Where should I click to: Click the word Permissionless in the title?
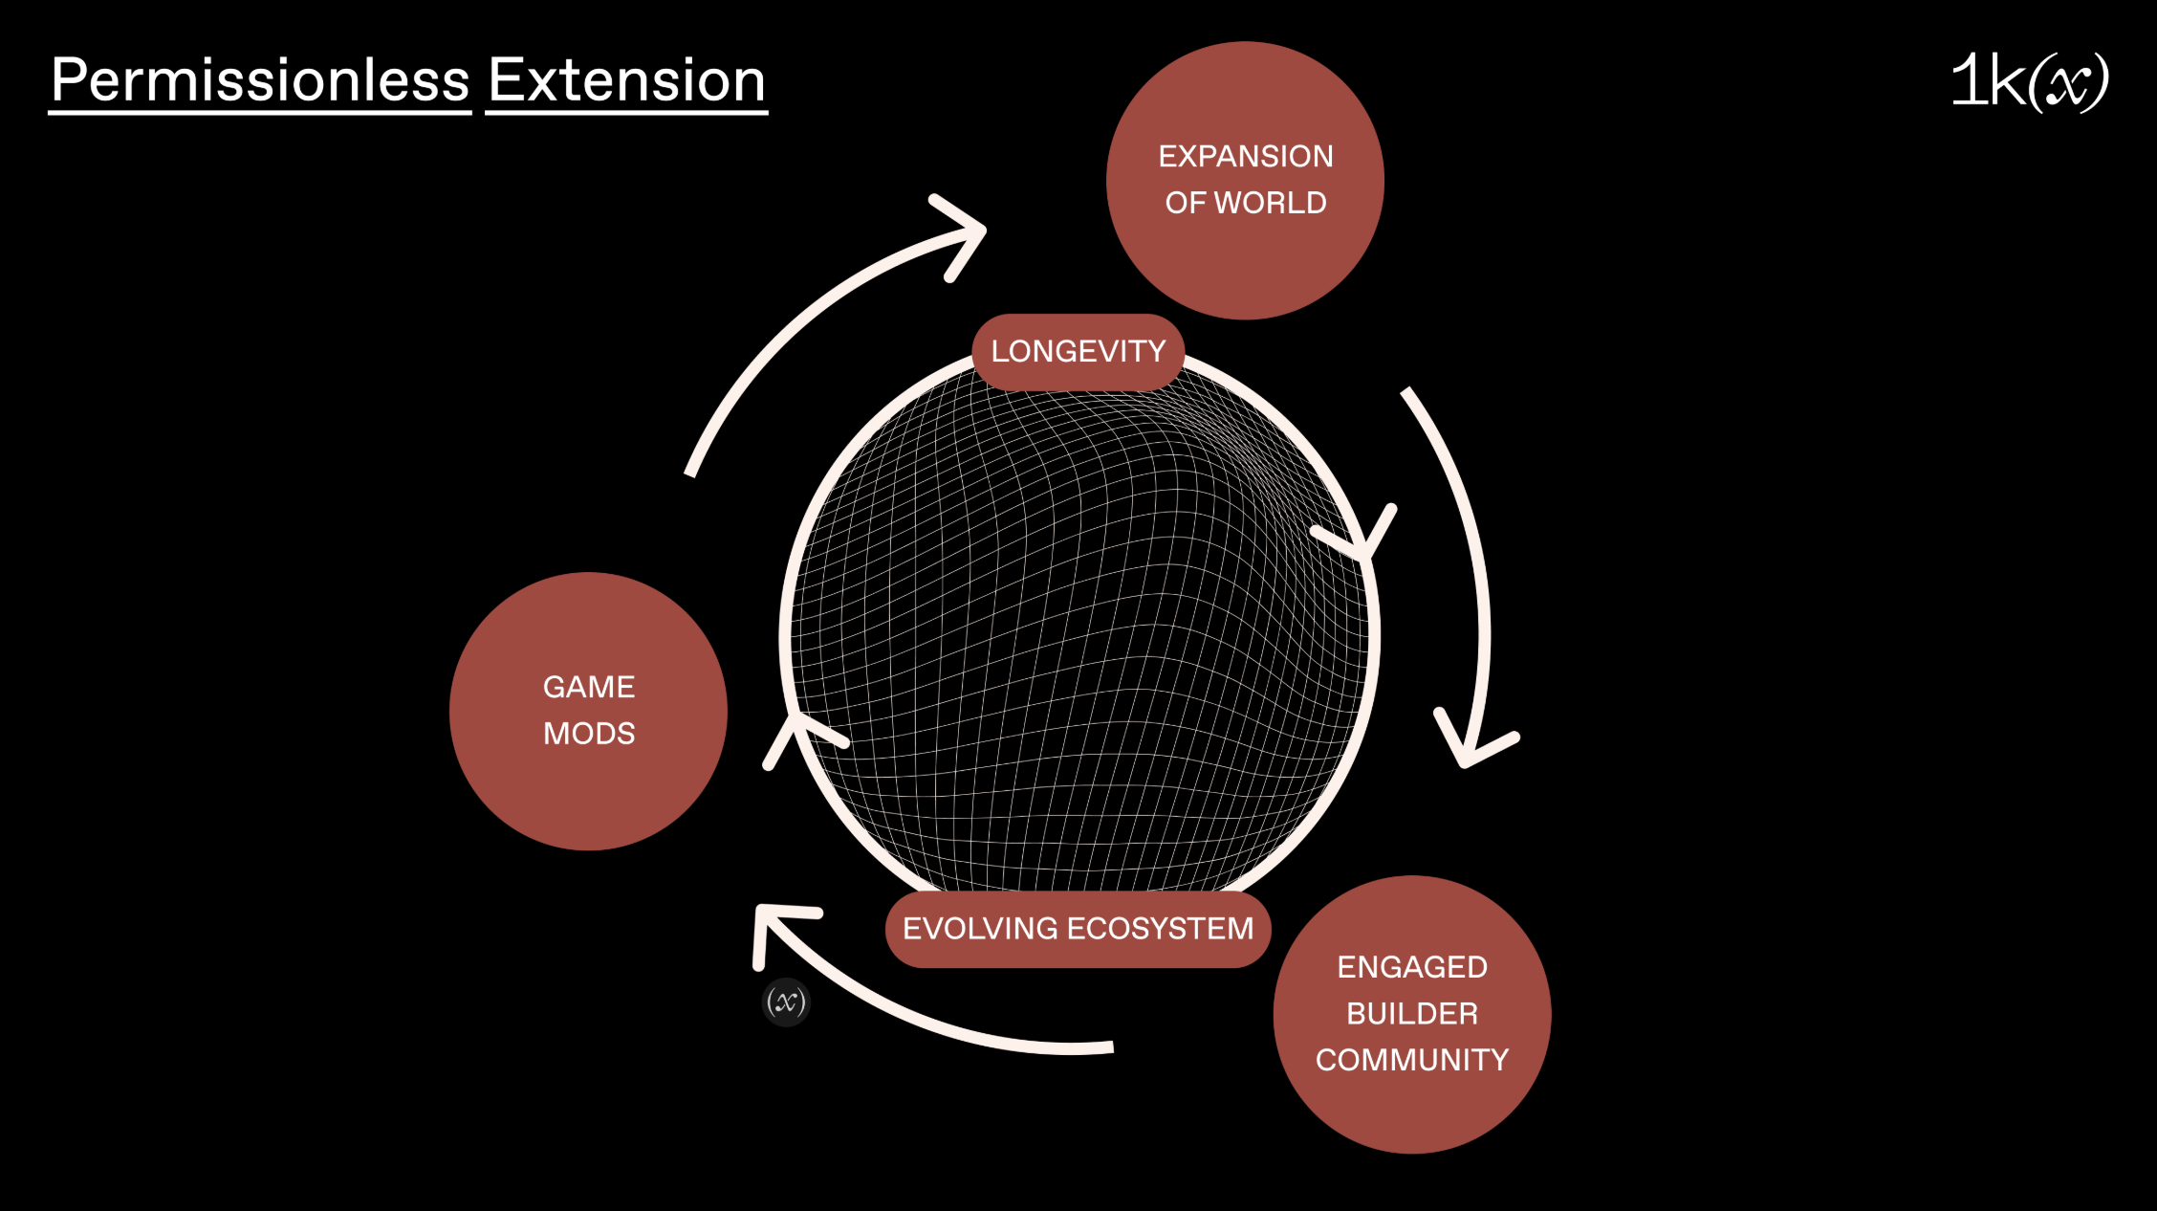260,80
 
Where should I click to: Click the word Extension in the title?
627,80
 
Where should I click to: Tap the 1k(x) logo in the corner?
2029,82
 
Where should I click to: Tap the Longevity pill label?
1078,352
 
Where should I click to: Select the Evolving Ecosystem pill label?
1078,929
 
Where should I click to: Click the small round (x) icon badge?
786,1002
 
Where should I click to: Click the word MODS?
589,734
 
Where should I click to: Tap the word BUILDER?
1412,1014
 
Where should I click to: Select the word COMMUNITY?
1412,1060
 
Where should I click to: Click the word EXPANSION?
1246,157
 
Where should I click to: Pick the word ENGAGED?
1412,968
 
